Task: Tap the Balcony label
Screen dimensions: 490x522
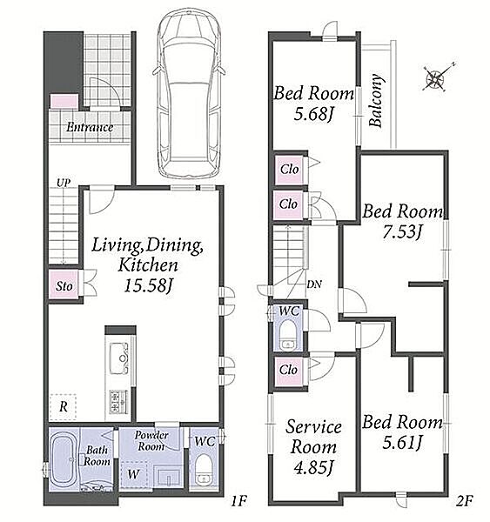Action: click(x=376, y=101)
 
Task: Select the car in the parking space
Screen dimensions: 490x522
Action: click(x=189, y=94)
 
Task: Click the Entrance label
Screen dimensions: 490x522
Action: click(x=90, y=127)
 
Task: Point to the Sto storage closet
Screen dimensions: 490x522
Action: click(x=64, y=284)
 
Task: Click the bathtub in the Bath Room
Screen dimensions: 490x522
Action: click(x=64, y=461)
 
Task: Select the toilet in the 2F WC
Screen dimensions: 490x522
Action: click(x=287, y=336)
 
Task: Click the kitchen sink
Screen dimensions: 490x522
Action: click(x=119, y=358)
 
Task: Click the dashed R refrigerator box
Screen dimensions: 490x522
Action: click(x=63, y=407)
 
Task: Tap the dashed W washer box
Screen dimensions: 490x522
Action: click(x=134, y=475)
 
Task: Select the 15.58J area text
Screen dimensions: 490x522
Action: click(x=148, y=285)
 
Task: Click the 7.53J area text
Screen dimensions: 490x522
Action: click(x=402, y=231)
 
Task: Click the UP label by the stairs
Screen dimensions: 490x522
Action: click(x=63, y=183)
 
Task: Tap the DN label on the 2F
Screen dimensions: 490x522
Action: click(x=314, y=284)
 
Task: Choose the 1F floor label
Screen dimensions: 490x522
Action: click(x=238, y=500)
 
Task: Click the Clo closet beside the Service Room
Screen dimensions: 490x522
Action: click(x=288, y=370)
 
